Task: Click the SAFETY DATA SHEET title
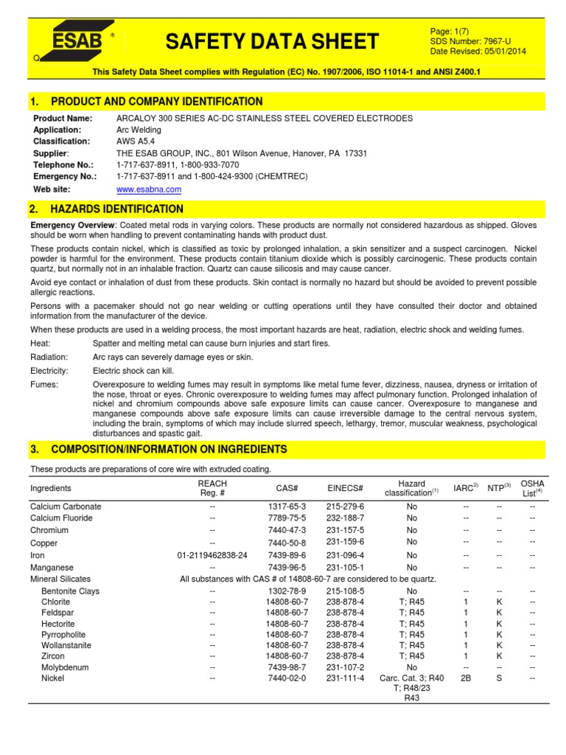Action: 272,42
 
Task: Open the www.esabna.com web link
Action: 149,189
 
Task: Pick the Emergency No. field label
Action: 63,177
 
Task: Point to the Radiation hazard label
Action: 49,357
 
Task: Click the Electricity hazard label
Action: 49,371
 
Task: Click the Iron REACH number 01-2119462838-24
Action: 212,555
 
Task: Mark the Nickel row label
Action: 52,678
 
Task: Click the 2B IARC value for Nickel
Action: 465,678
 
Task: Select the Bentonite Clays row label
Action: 70,591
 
